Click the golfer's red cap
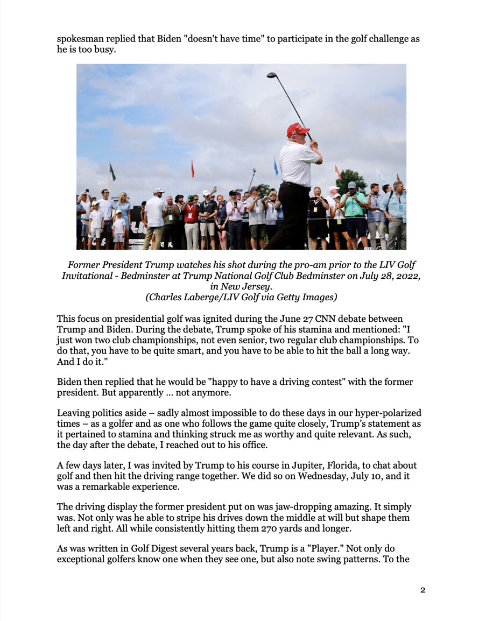tap(297, 130)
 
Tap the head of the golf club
tap(271, 76)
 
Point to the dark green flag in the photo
tap(112, 172)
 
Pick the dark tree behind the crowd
tap(350, 180)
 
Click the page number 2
tap(422, 590)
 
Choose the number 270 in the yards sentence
tap(271, 528)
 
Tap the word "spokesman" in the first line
tap(81, 39)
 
